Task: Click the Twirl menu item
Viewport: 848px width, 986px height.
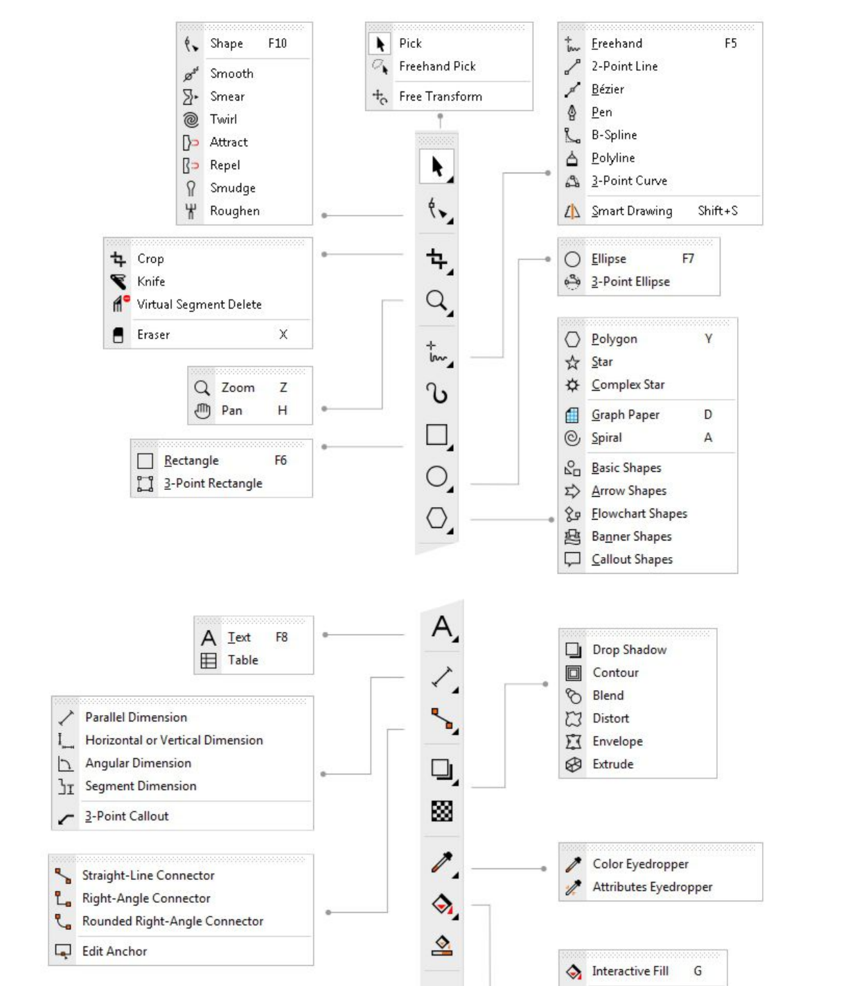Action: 223,119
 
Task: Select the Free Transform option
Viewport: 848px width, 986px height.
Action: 440,96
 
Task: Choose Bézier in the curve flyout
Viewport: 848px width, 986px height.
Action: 608,89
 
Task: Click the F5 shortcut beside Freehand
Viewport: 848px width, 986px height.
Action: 730,44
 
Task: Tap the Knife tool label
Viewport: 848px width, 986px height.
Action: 151,281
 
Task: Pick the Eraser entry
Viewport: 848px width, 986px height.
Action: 153,335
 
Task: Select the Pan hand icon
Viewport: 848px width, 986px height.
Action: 202,411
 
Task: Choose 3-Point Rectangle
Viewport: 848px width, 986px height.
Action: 213,484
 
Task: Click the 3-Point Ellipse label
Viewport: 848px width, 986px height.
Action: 630,282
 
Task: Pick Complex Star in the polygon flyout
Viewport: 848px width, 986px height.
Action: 628,385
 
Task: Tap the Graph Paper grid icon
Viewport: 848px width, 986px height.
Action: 572,415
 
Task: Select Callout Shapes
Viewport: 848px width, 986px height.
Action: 632,559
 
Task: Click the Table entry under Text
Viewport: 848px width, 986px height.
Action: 242,660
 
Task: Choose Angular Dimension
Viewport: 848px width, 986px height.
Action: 138,763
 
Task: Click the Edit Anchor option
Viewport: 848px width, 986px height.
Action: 114,951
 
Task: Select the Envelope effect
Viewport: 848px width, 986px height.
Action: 617,741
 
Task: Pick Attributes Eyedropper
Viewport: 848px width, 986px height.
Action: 652,887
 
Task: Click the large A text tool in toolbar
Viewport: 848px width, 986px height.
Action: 442,627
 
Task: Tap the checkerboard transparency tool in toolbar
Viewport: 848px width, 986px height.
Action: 442,811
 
